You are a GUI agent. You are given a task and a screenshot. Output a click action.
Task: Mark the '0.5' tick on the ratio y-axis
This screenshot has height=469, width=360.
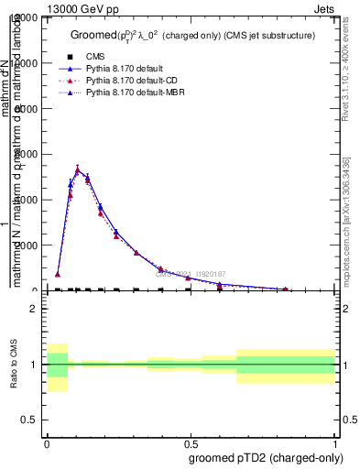click(30, 420)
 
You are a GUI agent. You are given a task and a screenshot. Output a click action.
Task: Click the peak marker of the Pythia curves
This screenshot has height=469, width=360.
click(77, 169)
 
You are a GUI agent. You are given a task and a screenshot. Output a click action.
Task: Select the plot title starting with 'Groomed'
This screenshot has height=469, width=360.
click(192, 35)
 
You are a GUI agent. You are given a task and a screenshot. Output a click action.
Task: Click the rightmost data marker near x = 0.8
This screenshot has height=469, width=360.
click(286, 289)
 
